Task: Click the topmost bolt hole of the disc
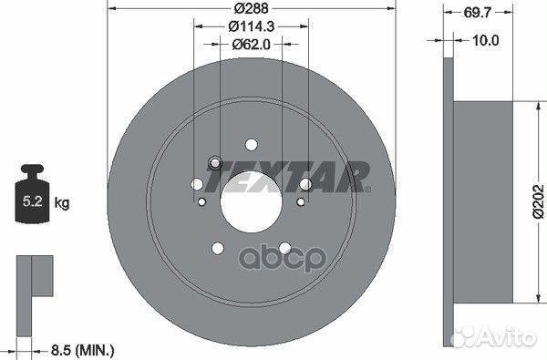click(251, 143)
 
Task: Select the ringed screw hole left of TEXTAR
click(216, 164)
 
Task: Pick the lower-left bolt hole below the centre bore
click(217, 246)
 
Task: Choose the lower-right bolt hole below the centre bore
click(284, 246)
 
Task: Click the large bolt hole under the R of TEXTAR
click(305, 186)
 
